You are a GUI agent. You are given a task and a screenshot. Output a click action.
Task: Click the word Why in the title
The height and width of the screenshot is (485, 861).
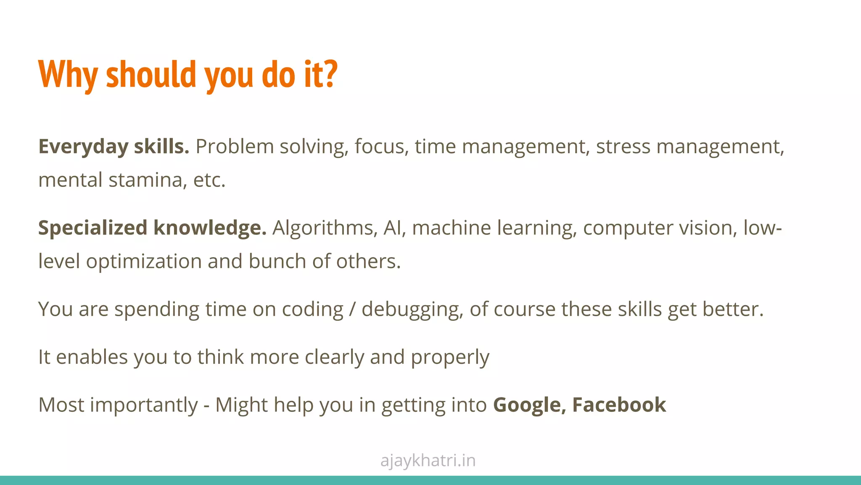pyautogui.click(x=68, y=75)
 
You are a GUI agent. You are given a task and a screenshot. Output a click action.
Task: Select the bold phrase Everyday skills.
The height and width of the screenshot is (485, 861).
pyautogui.click(x=114, y=147)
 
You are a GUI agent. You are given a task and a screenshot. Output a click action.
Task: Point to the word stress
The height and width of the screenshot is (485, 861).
pyautogui.click(x=623, y=147)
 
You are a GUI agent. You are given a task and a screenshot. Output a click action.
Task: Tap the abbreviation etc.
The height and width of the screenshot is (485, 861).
pyautogui.click(x=209, y=180)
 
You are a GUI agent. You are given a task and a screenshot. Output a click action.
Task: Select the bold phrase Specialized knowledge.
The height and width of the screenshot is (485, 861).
pyautogui.click(x=152, y=228)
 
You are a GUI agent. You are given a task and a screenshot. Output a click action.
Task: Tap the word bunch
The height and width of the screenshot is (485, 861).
pyautogui.click(x=277, y=261)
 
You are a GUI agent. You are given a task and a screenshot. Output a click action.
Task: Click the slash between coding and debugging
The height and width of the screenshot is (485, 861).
pyautogui.click(x=352, y=309)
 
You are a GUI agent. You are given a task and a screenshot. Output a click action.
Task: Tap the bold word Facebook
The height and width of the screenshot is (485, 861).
pyautogui.click(x=619, y=405)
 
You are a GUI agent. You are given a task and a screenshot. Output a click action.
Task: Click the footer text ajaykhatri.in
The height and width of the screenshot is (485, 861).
pyautogui.click(x=428, y=461)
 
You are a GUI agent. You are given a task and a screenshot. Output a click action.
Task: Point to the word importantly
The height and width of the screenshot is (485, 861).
pyautogui.click(x=144, y=405)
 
